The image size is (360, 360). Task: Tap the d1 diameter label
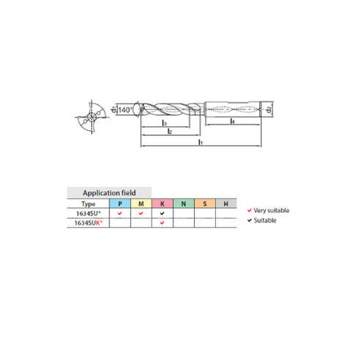click(115, 111)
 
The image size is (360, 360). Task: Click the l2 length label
click(170, 132)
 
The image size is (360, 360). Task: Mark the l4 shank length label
click(233, 122)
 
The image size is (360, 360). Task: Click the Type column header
click(88, 204)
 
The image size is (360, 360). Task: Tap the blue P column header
click(120, 204)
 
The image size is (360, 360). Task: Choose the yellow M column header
click(141, 204)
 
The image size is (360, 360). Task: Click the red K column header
click(162, 204)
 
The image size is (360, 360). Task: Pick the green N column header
click(184, 204)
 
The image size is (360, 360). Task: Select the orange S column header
click(205, 204)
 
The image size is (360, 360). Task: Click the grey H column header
click(226, 204)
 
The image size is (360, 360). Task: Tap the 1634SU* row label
click(88, 213)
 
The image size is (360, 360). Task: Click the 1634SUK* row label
click(88, 223)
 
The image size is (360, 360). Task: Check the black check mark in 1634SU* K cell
click(162, 214)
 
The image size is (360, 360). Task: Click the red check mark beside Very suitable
click(251, 210)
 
